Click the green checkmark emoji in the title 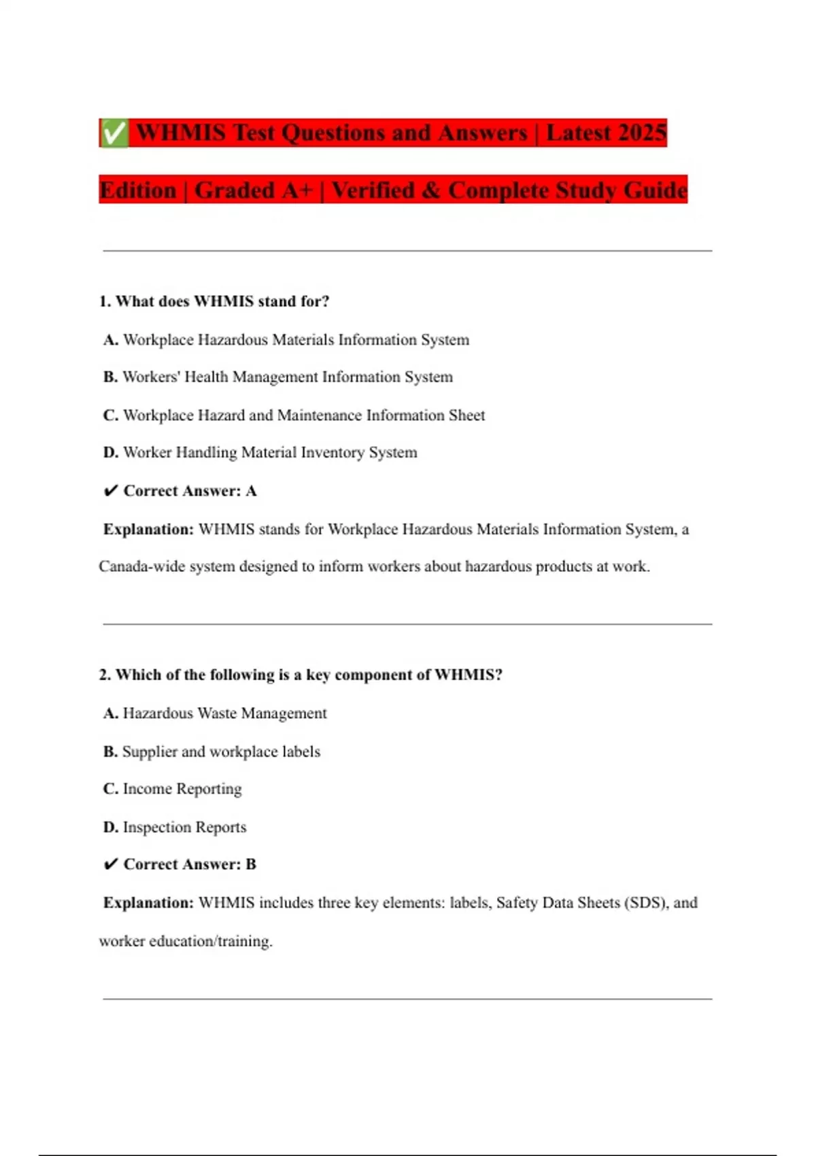114,133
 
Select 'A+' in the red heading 297,190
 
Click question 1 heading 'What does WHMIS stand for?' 214,301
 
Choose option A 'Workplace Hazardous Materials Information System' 286,339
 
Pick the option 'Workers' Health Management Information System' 278,377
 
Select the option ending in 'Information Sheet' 294,415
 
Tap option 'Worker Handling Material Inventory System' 260,452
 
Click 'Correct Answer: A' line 181,491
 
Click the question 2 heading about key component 301,675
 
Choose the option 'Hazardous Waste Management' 216,713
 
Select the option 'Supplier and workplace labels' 212,751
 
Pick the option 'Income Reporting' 173,789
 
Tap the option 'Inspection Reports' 175,827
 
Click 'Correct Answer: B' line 181,864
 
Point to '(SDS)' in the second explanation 645,902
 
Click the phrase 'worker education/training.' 186,941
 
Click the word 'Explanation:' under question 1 148,529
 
